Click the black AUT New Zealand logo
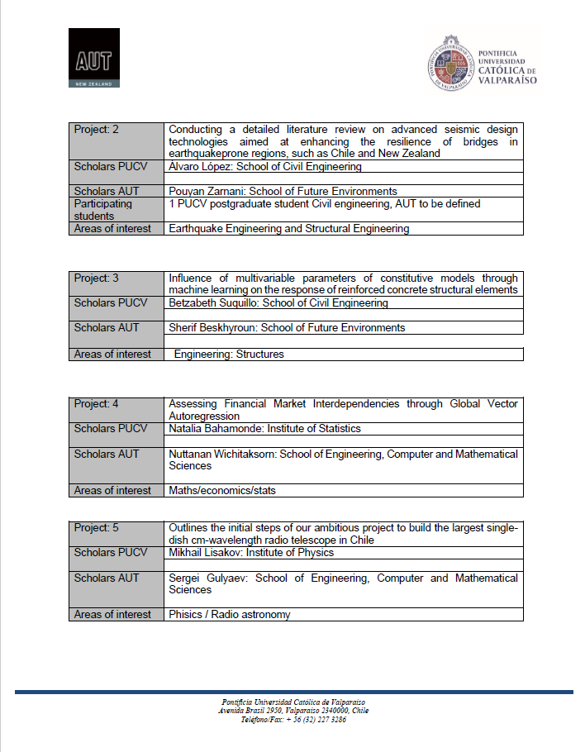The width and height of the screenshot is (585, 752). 94,58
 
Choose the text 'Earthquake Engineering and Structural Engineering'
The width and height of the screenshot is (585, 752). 288,229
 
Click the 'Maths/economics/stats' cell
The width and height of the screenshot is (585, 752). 222,491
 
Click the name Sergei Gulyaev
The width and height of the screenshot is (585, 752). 207,578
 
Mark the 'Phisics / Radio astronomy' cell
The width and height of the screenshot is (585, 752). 230,615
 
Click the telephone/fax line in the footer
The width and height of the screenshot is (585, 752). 293,720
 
